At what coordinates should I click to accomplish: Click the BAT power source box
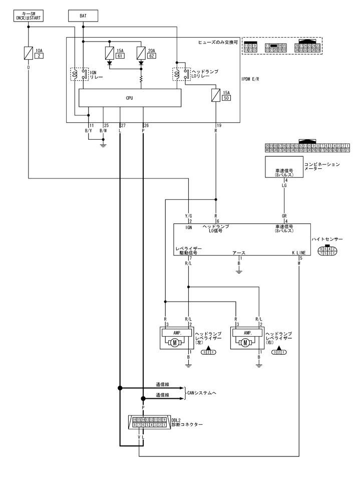(83, 16)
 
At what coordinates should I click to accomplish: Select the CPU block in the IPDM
(130, 98)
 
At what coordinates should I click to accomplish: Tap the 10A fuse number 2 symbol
(29, 53)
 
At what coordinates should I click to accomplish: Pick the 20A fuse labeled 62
(141, 53)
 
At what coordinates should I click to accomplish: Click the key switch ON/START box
(29, 16)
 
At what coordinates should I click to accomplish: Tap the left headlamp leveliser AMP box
(175, 332)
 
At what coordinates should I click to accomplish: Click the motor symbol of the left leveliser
(175, 343)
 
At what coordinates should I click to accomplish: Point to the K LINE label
(298, 254)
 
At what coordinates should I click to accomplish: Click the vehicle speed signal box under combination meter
(283, 167)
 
